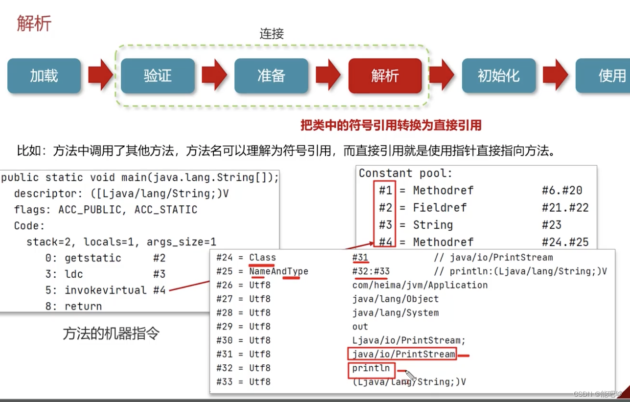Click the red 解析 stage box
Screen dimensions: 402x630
[x=385, y=76]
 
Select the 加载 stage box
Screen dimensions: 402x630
[x=44, y=76]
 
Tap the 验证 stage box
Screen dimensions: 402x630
[x=157, y=76]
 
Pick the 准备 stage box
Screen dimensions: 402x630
[x=271, y=76]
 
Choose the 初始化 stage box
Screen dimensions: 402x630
[x=498, y=76]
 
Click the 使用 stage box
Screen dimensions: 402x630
[x=607, y=76]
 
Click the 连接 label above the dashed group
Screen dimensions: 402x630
[x=271, y=34]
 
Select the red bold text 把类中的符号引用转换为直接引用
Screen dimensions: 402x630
[x=391, y=125]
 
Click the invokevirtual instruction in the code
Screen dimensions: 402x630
[x=106, y=290]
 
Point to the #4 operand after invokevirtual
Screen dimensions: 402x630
[x=159, y=290]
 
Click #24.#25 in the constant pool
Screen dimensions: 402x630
[x=565, y=242]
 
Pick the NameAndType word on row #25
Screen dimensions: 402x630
[x=278, y=271]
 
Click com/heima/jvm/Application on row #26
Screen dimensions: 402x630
[x=420, y=285]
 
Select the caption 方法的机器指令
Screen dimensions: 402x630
[x=111, y=334]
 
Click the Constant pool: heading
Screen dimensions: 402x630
[x=405, y=173]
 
